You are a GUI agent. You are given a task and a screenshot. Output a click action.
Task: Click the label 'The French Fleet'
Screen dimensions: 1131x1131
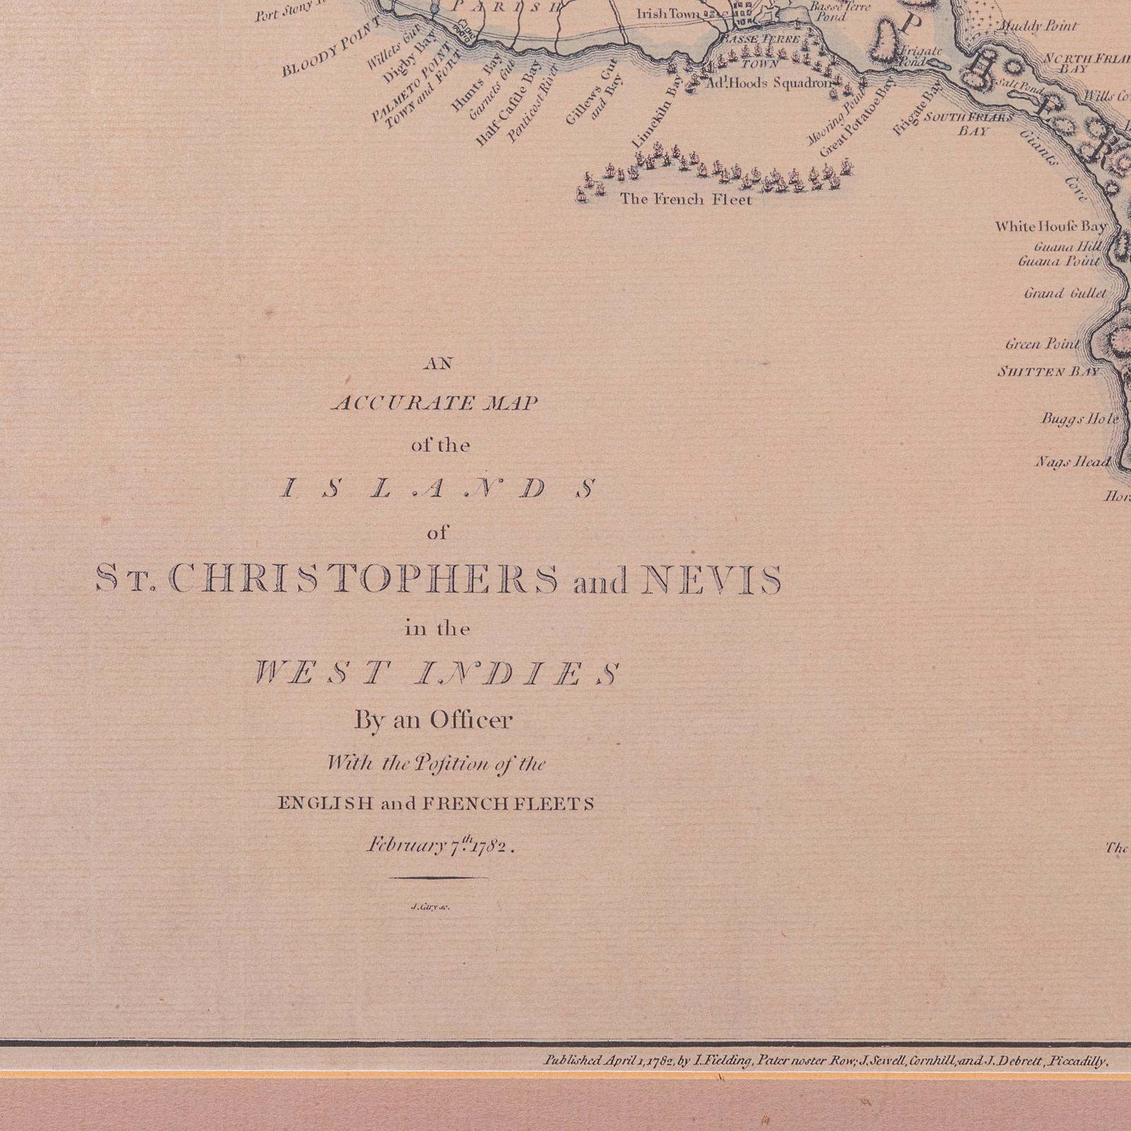686,199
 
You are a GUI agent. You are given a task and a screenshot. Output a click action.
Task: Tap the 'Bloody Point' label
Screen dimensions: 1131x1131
331,47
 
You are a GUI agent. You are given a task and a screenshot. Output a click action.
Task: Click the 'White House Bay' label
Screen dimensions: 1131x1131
1050,226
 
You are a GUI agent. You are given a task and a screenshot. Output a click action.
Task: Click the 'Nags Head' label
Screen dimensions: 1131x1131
1072,462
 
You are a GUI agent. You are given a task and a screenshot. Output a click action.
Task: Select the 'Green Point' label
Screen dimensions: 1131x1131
1043,344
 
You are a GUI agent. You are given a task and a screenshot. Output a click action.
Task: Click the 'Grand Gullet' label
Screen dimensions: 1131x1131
1065,293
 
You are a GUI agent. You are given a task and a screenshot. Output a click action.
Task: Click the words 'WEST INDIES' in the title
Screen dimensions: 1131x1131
436,673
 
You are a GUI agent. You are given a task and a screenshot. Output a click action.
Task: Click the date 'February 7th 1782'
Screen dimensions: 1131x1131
438,845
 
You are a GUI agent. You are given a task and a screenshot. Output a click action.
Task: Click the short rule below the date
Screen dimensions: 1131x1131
438,878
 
